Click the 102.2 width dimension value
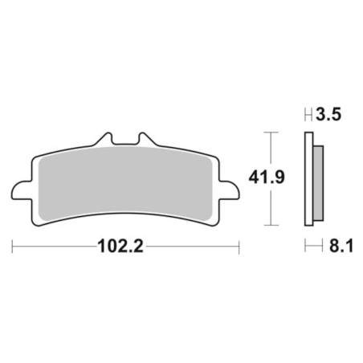tap(120, 247)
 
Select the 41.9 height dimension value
tap(267, 177)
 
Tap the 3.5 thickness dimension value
tap(328, 115)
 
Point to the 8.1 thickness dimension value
tap(341, 246)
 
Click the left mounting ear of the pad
tap(22, 190)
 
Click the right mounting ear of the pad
tap(229, 190)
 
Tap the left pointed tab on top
tap(105, 139)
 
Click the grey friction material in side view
tap(318, 183)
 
